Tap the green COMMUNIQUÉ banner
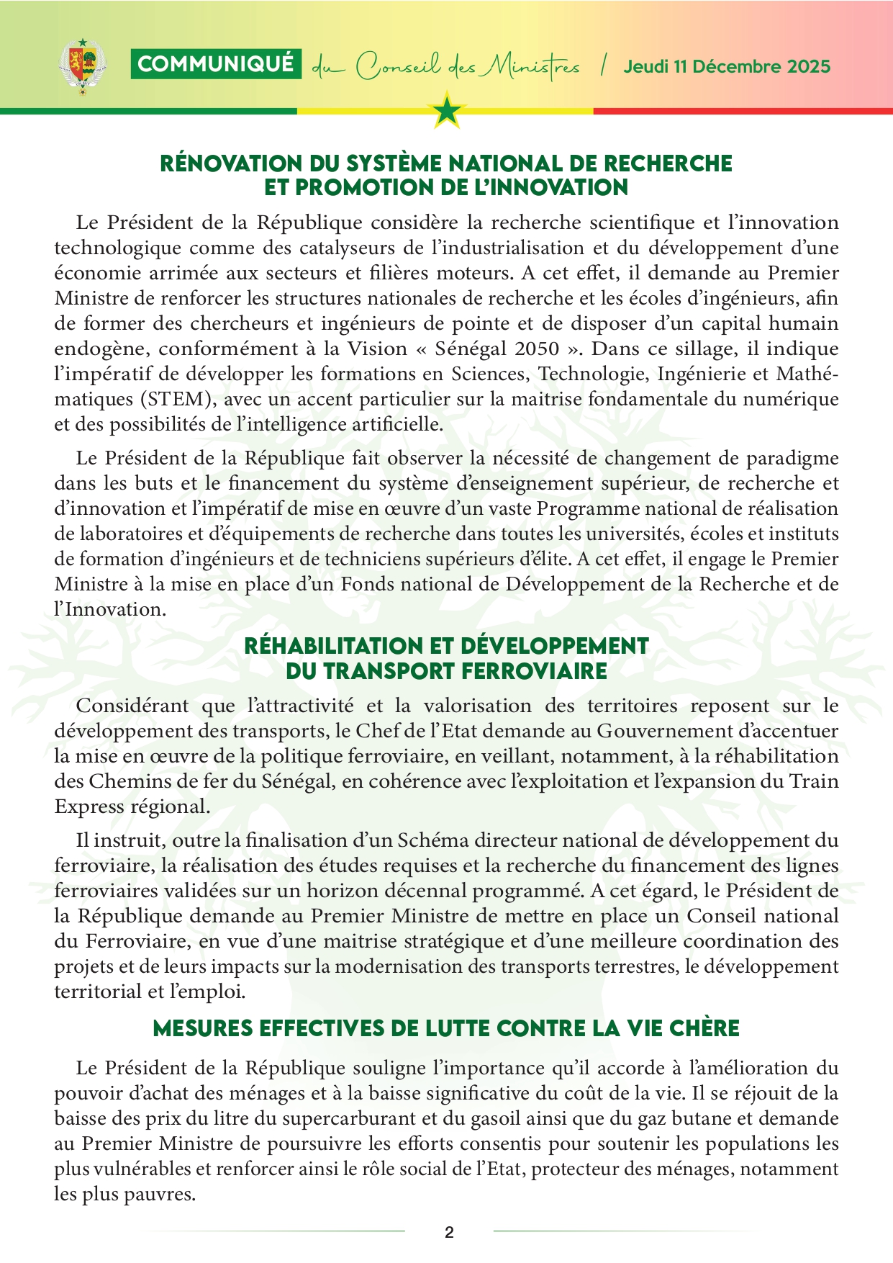pos(216,65)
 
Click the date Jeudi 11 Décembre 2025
pos(727,67)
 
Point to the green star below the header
pos(448,111)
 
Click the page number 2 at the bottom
pos(449,1232)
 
